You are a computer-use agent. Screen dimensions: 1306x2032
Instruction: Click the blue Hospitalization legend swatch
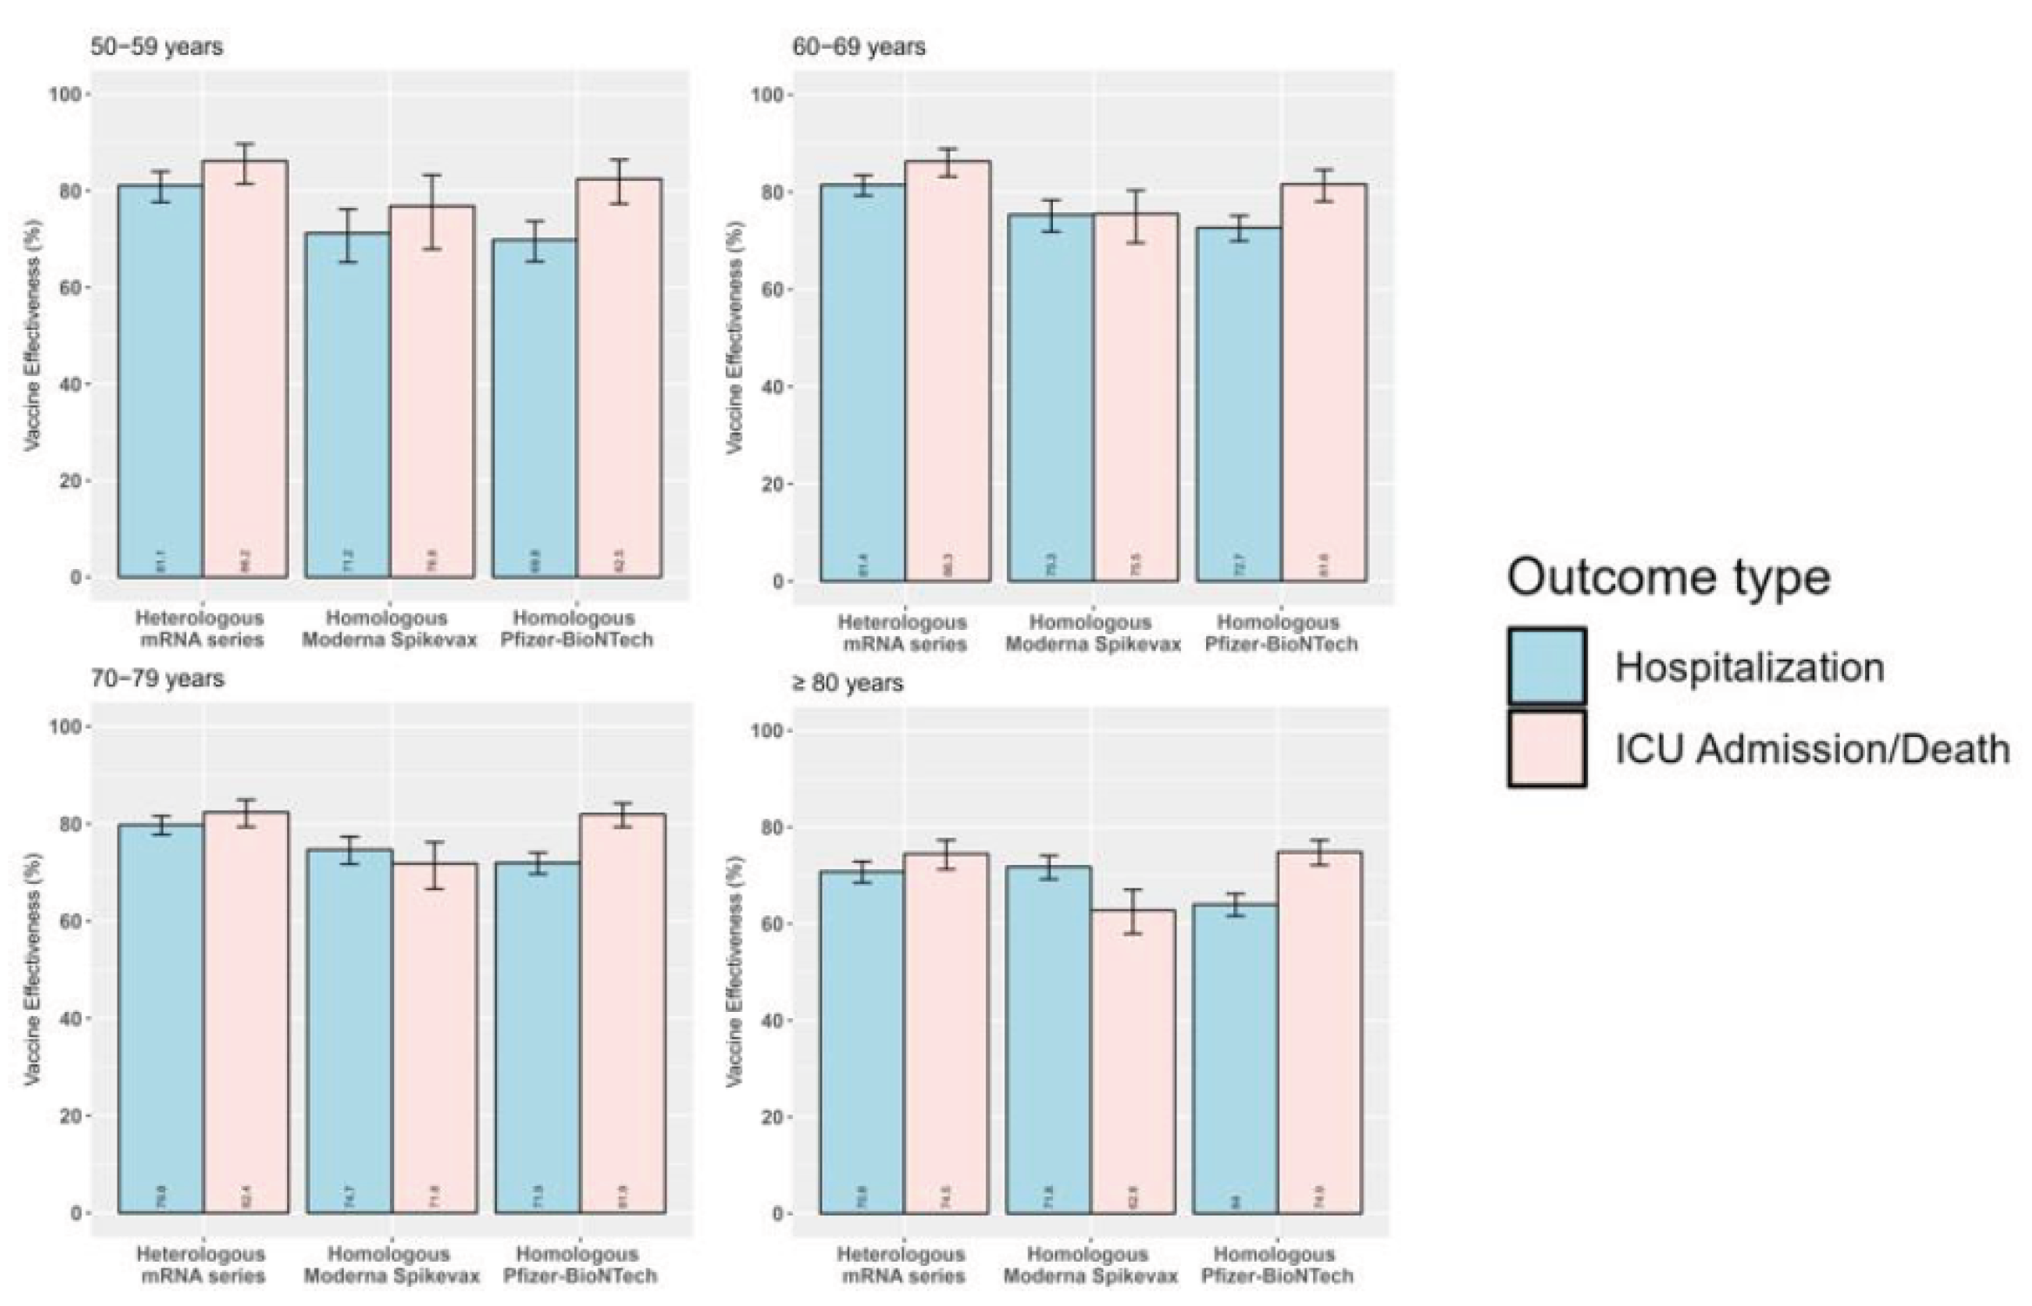(x=1546, y=666)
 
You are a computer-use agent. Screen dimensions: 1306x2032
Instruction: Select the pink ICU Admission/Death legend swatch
(x=1546, y=748)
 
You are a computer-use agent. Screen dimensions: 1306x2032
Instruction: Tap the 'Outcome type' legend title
(x=1668, y=577)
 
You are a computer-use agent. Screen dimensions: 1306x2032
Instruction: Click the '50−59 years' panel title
(x=157, y=46)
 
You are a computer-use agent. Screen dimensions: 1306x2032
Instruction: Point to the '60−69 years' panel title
(x=859, y=46)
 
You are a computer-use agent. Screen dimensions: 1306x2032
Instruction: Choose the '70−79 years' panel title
(x=158, y=678)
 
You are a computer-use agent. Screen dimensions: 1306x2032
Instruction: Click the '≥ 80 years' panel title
(x=847, y=683)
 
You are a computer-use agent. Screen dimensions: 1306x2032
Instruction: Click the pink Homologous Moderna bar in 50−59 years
(x=433, y=392)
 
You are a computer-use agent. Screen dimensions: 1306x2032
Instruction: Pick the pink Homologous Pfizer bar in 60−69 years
(x=1324, y=383)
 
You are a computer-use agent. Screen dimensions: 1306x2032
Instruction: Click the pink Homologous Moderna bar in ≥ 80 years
(x=1133, y=1062)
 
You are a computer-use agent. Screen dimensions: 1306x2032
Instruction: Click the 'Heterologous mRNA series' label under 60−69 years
(x=902, y=633)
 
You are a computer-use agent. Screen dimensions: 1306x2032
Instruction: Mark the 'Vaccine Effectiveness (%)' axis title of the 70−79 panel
(x=32, y=969)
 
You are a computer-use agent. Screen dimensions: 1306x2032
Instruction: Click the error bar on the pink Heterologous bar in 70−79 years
(x=246, y=813)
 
